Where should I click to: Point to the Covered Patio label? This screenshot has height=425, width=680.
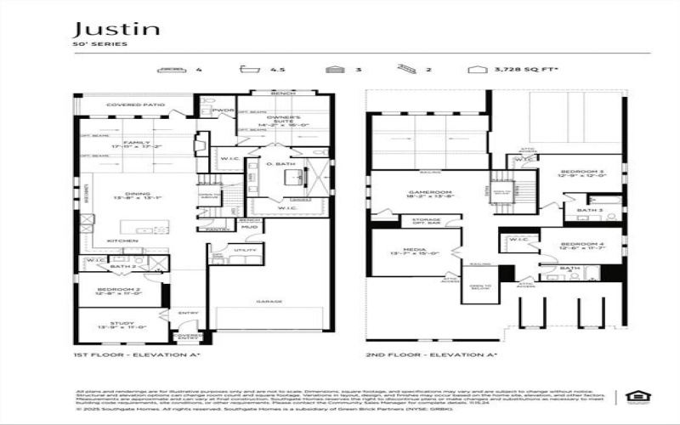(135, 105)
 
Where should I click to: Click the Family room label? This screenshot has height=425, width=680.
(135, 143)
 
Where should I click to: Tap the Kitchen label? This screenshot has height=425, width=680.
(122, 241)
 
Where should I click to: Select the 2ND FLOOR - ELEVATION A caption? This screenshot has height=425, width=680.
(422, 354)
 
